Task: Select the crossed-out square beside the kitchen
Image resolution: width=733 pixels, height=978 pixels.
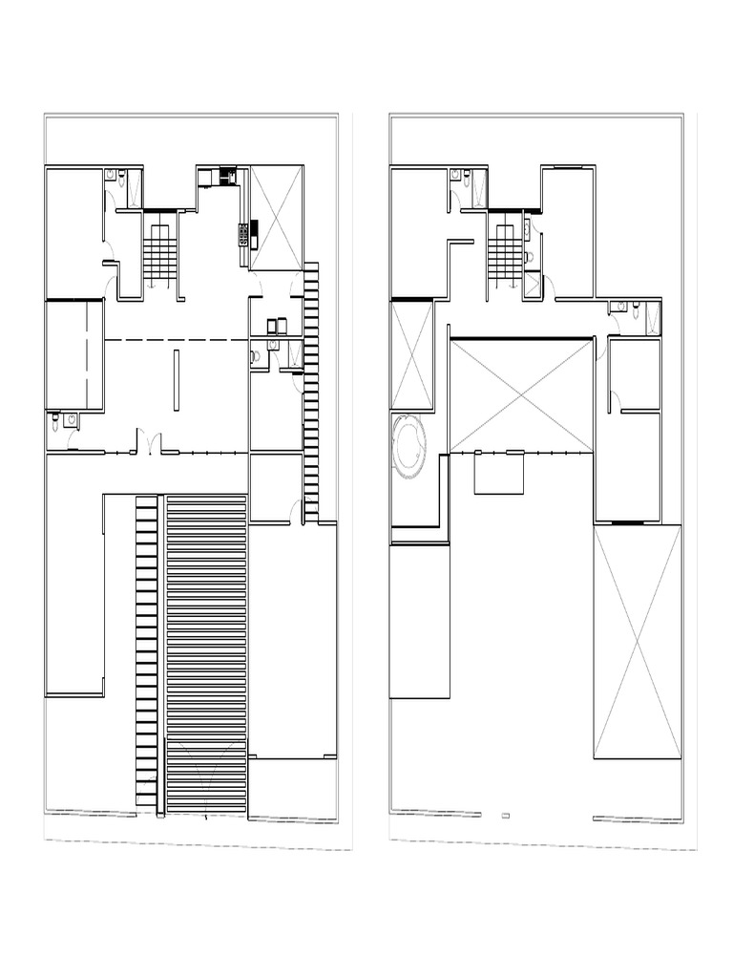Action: click(277, 218)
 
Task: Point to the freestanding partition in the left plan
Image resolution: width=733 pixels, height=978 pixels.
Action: click(176, 379)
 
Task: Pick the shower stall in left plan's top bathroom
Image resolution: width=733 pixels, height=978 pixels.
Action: click(133, 188)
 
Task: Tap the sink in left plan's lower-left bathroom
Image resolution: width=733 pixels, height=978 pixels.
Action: click(73, 418)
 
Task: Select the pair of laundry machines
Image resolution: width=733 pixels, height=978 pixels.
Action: click(279, 325)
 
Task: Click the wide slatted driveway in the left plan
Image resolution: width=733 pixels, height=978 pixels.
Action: click(207, 649)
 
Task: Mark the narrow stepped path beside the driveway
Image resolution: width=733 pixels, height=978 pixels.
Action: click(146, 649)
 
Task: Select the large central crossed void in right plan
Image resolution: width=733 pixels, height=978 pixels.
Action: click(522, 394)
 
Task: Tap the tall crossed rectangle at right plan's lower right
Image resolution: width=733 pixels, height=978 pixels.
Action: click(638, 640)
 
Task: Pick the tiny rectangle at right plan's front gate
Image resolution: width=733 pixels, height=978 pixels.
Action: click(505, 815)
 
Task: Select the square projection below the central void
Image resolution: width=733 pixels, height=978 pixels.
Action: click(500, 473)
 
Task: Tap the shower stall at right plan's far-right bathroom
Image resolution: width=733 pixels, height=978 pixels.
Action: click(652, 317)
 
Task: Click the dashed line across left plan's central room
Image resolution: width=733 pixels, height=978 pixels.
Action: click(176, 339)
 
